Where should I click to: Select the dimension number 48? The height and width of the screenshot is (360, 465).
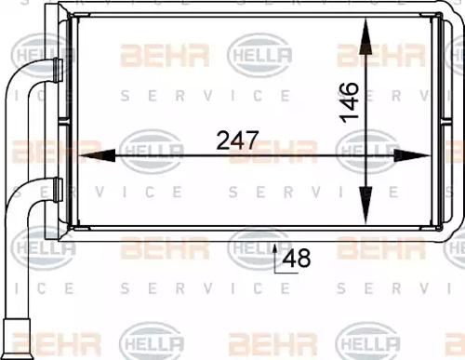pos(297,260)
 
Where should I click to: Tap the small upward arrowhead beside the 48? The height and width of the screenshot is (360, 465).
pos(276,248)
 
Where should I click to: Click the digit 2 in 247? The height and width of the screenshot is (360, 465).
pos(223,140)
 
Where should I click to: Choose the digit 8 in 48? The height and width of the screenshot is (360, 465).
pos(303,260)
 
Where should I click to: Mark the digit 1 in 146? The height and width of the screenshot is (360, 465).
pos(350,114)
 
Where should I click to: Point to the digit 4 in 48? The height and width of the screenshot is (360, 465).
pos(290,260)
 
